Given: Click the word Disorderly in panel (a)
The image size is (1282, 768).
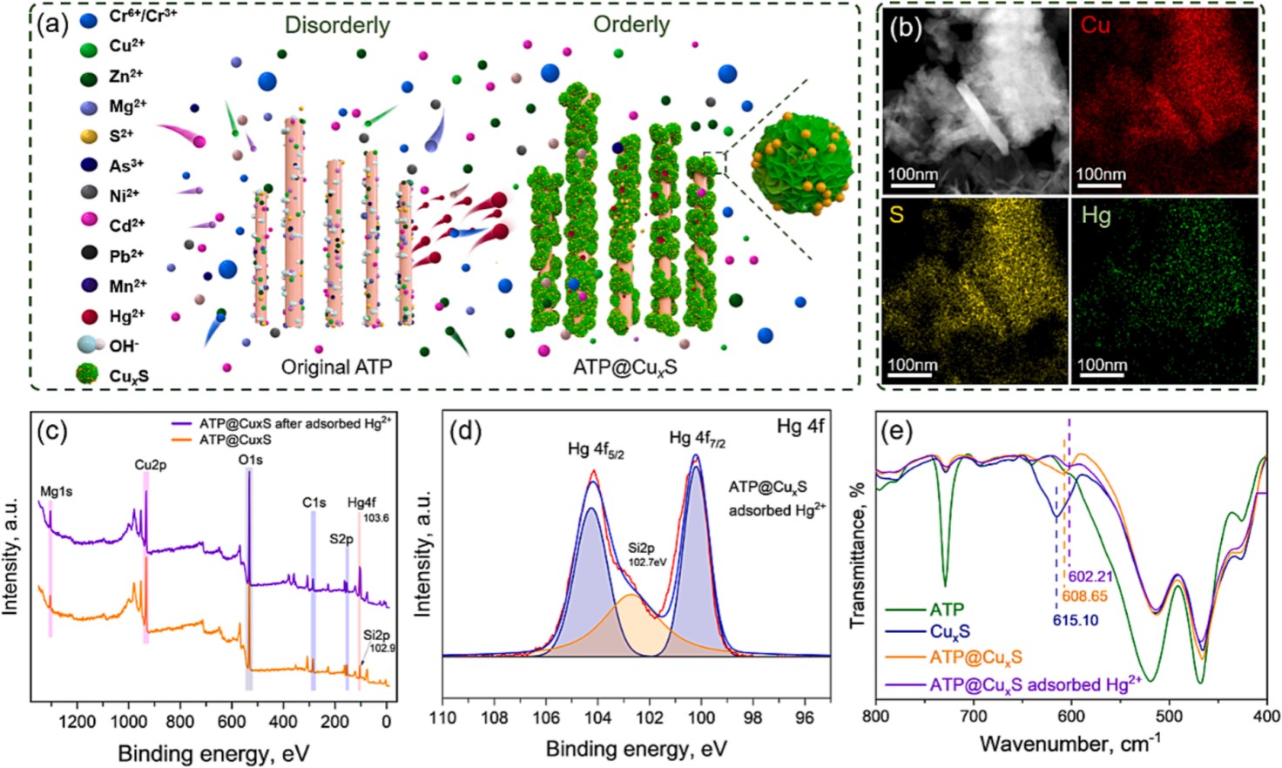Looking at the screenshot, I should click(337, 25).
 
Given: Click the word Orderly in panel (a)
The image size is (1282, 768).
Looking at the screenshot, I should click(631, 24).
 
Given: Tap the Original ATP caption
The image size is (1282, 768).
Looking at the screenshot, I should click(336, 367).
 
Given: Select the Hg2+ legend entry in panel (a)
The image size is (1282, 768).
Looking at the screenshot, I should click(126, 315).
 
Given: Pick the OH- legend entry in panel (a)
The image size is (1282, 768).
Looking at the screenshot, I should click(124, 346).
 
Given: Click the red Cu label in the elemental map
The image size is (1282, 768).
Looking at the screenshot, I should click(1096, 25).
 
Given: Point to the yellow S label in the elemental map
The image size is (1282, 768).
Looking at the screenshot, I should click(896, 213).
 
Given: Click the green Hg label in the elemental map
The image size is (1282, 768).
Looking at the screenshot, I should click(1096, 215).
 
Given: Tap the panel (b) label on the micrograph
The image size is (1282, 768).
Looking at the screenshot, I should click(905, 28).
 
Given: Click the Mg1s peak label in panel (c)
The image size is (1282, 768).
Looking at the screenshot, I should click(57, 492).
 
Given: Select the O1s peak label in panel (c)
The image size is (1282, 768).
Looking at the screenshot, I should click(250, 459).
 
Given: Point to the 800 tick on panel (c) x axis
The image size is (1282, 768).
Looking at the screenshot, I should click(180, 722).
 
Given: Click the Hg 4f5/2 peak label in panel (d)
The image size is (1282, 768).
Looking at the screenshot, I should click(596, 449).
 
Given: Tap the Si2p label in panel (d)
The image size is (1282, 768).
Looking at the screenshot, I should click(641, 548).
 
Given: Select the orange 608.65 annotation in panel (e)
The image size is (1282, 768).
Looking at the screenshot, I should click(1084, 596).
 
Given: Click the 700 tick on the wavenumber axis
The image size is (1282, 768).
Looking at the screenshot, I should click(974, 717).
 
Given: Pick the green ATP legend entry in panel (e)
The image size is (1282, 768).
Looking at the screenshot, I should click(946, 610).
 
